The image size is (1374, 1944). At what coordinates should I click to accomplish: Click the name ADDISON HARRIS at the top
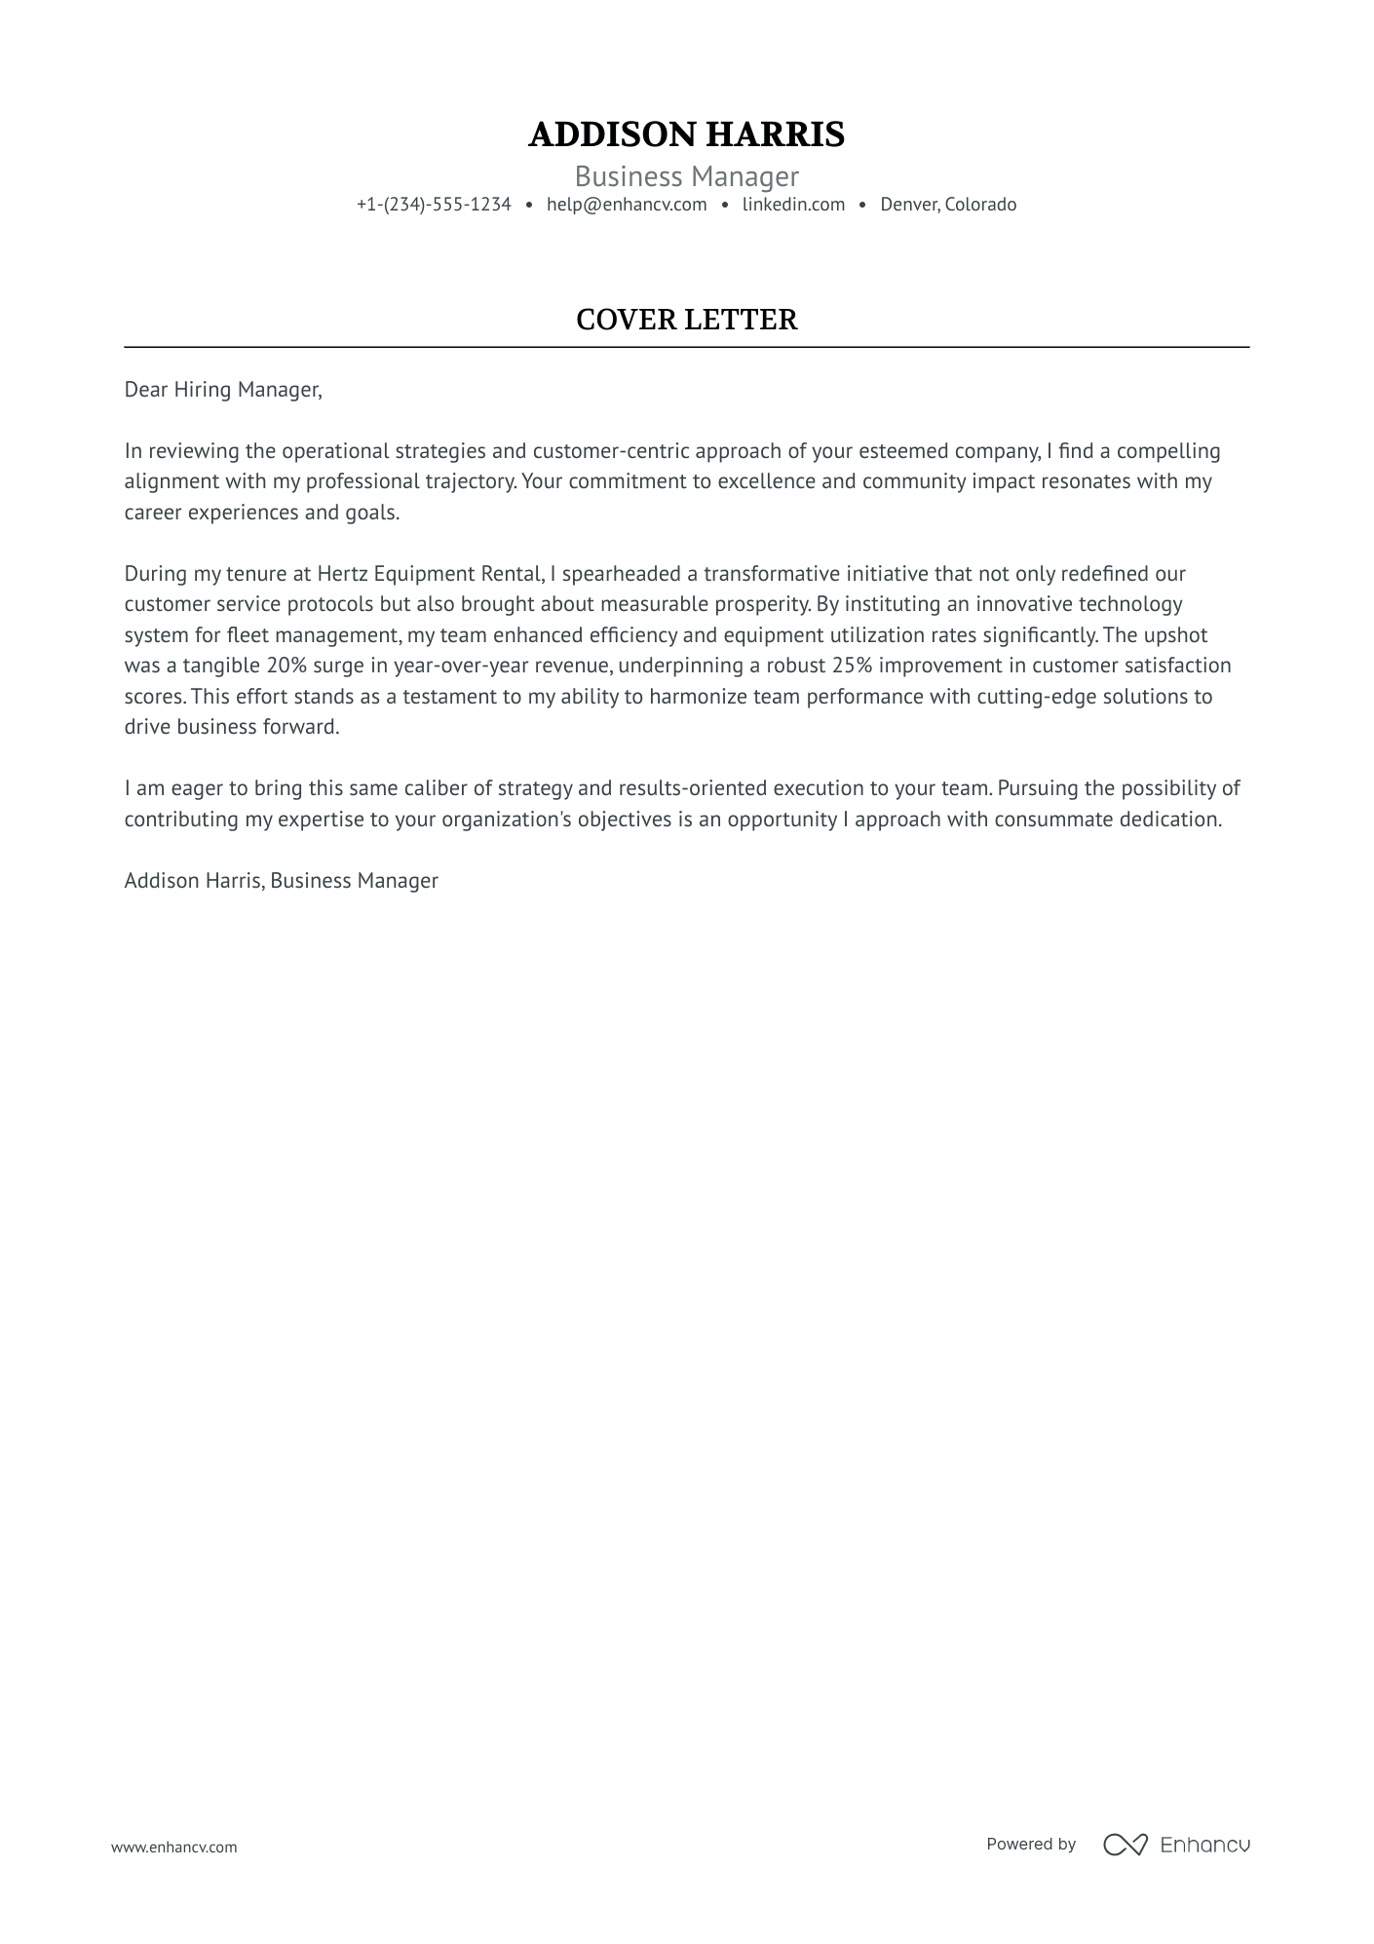click(686, 134)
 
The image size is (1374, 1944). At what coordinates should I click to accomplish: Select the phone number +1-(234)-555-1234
click(434, 205)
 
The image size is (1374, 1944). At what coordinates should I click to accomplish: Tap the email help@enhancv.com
click(627, 205)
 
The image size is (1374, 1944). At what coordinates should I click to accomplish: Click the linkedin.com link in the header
click(793, 205)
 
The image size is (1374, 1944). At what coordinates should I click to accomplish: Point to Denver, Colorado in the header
click(948, 205)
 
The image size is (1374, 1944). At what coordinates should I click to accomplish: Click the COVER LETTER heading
click(686, 320)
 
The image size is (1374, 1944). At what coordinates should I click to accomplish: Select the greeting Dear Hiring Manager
click(222, 390)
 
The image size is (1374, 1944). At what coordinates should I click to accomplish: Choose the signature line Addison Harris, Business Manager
click(281, 881)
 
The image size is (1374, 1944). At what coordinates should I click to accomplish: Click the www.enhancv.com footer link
click(173, 1847)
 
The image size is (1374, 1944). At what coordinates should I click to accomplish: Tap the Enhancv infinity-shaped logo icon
click(1125, 1845)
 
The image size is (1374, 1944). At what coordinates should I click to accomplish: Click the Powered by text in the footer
click(1030, 1845)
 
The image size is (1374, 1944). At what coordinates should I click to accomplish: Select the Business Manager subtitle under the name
click(686, 176)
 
